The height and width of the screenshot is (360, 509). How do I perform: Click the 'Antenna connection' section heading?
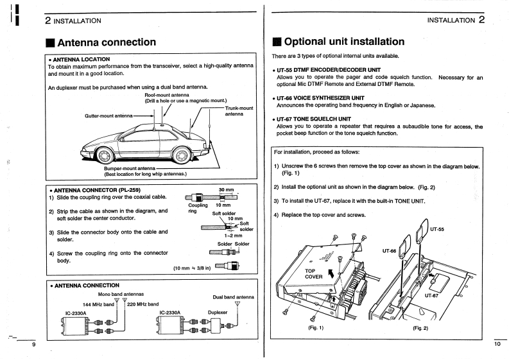(106, 42)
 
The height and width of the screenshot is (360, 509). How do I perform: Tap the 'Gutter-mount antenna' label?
(108, 116)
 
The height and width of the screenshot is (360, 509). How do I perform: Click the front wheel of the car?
(105, 155)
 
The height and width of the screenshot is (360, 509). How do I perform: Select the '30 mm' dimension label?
(225, 189)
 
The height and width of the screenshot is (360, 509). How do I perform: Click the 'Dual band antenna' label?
(233, 297)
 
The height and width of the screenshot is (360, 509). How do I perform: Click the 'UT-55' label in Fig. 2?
(437, 228)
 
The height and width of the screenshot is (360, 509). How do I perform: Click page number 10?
(497, 344)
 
